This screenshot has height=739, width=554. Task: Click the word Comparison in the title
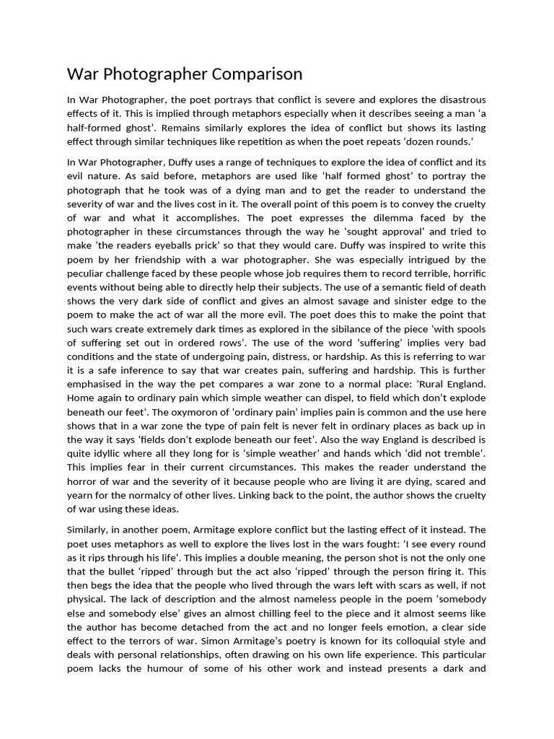[x=253, y=74]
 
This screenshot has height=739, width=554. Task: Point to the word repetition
[x=271, y=141]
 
